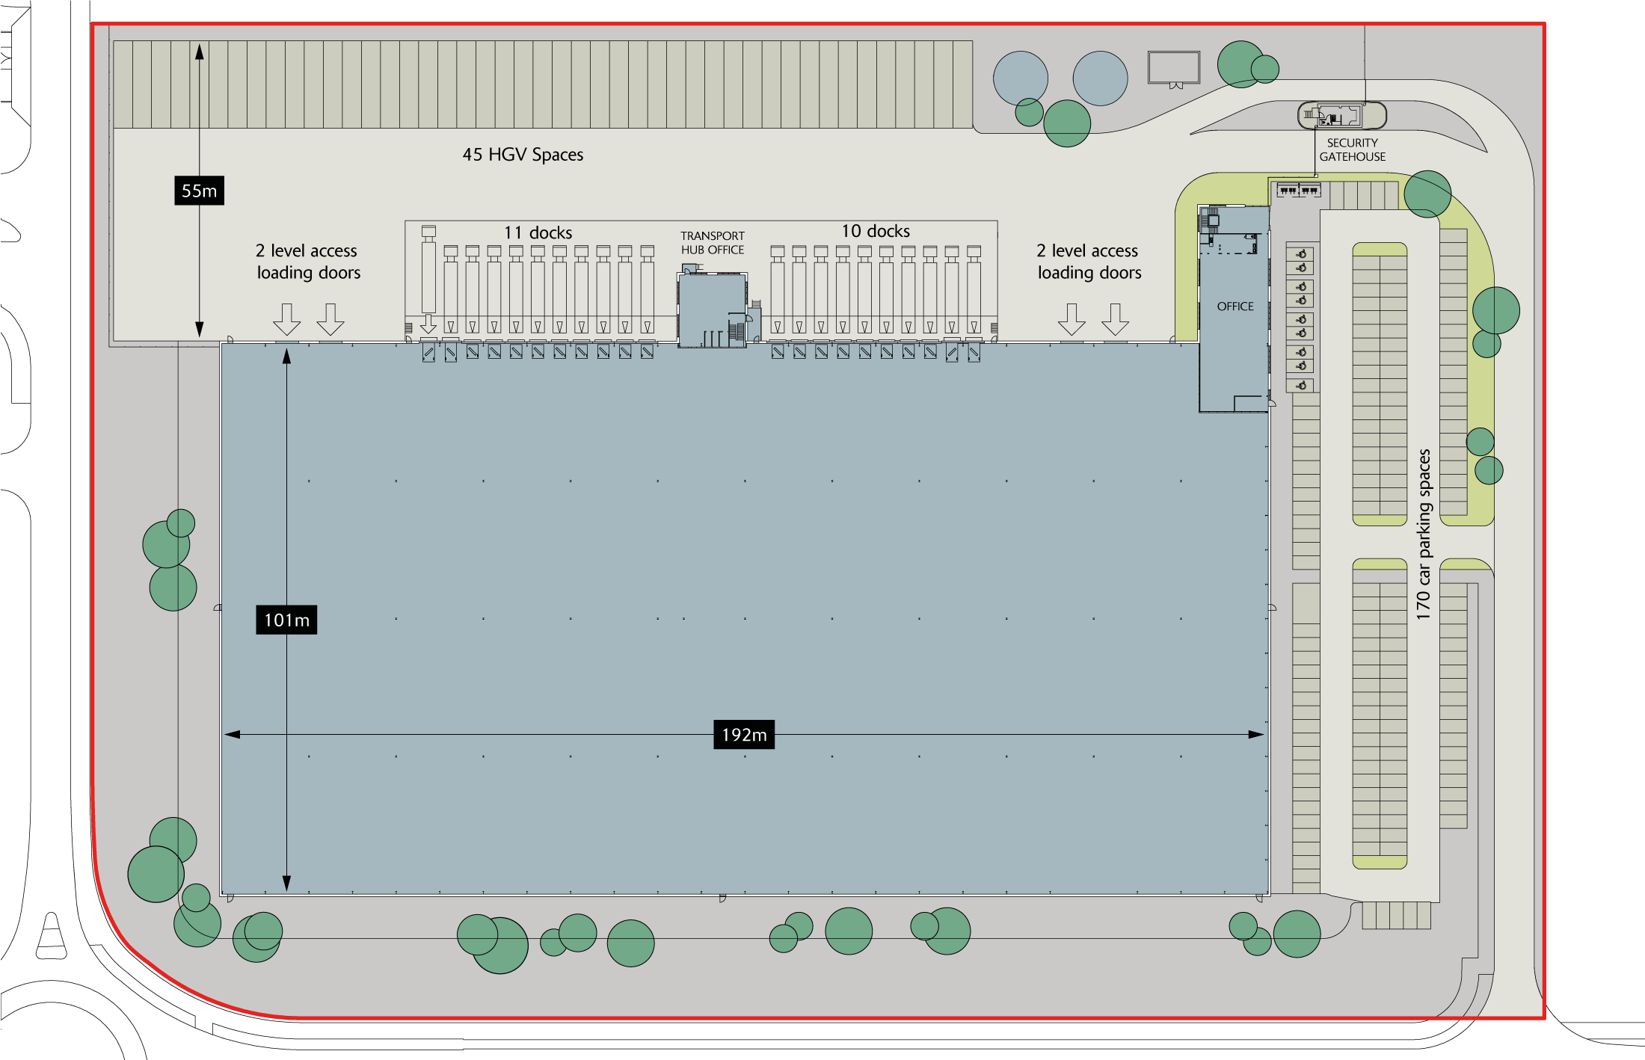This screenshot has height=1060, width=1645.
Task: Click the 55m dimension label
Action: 199,191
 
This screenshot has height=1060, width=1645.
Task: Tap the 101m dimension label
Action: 286,620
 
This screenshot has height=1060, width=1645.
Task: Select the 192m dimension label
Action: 744,735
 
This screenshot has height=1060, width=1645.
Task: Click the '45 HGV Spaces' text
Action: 523,155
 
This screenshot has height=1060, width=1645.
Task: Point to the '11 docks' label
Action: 538,232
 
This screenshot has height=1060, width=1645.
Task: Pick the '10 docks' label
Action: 876,231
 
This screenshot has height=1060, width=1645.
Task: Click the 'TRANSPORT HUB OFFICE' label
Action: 713,243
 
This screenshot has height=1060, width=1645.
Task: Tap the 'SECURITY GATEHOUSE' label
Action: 1352,150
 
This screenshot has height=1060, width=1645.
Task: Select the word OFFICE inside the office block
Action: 1235,306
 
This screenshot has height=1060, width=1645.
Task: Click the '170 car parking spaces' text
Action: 1423,534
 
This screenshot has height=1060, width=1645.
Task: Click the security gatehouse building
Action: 1341,115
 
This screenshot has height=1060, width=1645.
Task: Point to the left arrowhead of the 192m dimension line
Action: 232,735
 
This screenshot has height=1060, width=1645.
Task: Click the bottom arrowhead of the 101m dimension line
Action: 286,884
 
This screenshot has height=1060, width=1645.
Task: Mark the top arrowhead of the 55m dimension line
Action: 200,52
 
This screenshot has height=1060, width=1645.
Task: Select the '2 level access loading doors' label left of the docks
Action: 307,262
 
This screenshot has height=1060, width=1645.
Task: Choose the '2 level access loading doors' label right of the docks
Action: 1089,262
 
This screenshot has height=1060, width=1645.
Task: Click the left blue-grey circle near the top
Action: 1021,78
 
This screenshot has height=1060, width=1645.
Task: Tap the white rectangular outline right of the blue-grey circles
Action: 1174,52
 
